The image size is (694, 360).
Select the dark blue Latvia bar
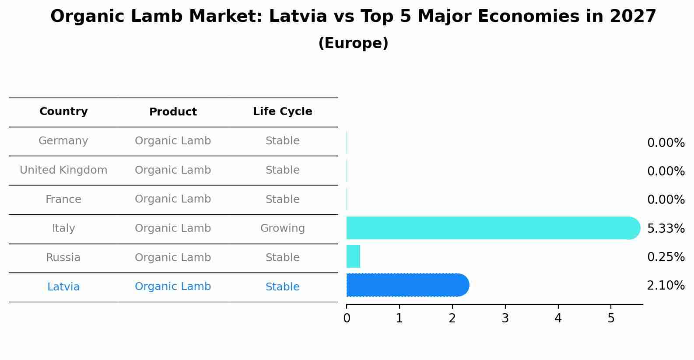(x=407, y=285)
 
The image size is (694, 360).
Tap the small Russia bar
(x=353, y=256)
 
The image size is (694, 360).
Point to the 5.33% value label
(x=666, y=228)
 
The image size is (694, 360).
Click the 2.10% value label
(x=666, y=286)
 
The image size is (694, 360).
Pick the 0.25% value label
(x=666, y=257)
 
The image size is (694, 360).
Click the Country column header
(x=63, y=112)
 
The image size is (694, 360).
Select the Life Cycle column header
(x=282, y=112)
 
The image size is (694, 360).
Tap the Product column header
(x=173, y=112)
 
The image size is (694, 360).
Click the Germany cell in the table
(x=63, y=141)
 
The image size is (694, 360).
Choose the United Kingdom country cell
(x=63, y=170)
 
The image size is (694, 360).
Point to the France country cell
(x=63, y=199)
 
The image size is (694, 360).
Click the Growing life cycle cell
(x=282, y=228)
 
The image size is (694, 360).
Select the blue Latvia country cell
(x=63, y=287)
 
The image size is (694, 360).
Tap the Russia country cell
(x=63, y=258)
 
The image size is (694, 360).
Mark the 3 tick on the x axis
(x=505, y=318)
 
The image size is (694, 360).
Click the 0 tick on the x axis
(x=347, y=318)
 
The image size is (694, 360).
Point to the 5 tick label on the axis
(x=611, y=318)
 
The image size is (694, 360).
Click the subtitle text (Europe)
(x=353, y=43)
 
